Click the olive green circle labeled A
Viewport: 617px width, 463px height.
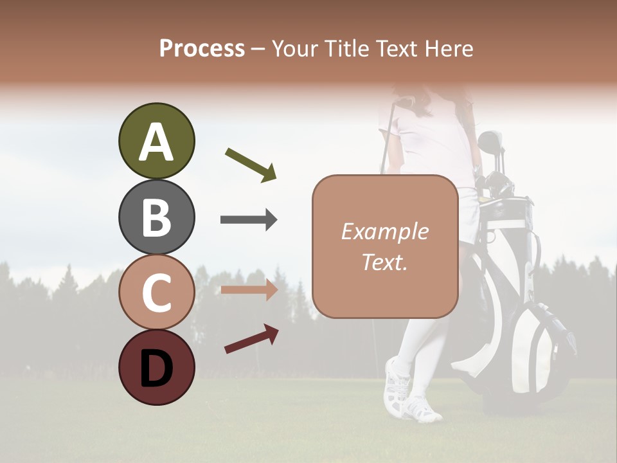[156, 141]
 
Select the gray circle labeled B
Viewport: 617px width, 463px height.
[156, 217]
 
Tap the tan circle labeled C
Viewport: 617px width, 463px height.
[156, 292]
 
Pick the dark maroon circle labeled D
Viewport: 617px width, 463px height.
[156, 367]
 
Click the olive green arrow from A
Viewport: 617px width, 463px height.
[251, 164]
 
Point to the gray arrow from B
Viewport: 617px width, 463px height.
[249, 220]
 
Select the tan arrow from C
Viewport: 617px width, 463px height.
[249, 291]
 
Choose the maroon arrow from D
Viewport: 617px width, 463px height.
[251, 339]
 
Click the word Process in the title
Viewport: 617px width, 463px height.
[202, 48]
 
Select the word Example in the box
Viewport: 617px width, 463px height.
[384, 232]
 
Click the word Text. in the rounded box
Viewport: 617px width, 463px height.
[384, 262]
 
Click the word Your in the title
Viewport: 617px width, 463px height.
[295, 48]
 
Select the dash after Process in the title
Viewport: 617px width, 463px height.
[258, 48]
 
